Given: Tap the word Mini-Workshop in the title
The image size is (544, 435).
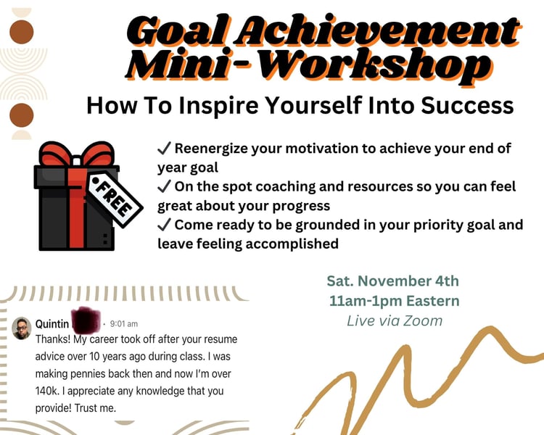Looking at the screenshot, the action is click(308, 65).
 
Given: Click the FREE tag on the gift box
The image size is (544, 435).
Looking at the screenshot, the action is click(115, 198).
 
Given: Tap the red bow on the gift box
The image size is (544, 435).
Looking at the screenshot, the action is click(77, 154).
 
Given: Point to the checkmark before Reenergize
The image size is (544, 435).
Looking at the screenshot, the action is click(164, 148).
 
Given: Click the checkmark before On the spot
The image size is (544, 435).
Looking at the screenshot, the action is click(164, 186).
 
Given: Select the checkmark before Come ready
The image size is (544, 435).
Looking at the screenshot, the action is click(164, 225).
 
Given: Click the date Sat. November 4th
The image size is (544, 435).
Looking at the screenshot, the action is click(392, 281).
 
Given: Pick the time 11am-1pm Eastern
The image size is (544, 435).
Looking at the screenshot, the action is click(394, 301).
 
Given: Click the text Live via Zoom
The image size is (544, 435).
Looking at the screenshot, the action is click(395, 321).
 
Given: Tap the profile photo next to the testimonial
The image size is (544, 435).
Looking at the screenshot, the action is click(22, 328).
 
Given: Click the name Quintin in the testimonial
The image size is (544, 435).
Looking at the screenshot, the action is click(52, 324).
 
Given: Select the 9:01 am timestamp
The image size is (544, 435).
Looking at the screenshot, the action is click(124, 324).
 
